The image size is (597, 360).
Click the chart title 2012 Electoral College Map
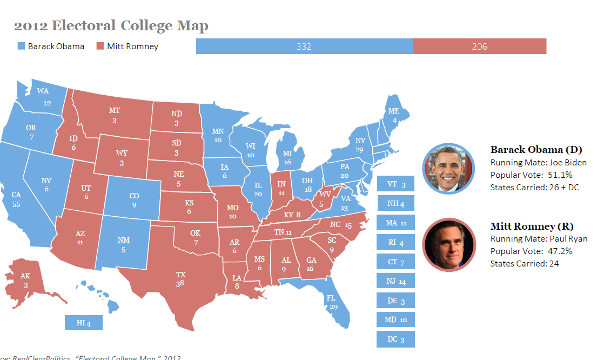111,26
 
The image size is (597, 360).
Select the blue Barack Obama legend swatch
21,46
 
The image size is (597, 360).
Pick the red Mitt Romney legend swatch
100,46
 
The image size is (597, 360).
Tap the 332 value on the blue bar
304,46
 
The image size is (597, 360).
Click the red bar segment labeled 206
479,46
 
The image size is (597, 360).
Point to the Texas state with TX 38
180,279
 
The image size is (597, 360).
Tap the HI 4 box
83,323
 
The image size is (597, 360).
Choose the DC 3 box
395,339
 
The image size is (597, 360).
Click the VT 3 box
395,184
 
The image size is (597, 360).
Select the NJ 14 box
395,282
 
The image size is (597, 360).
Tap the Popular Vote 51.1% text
531,175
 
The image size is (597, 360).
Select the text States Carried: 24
524,263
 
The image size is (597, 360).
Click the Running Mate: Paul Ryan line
539,238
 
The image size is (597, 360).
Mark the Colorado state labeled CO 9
133,201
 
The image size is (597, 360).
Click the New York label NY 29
360,144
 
